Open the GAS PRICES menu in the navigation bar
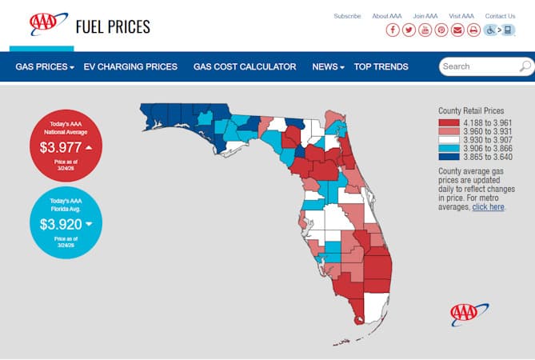[x=45, y=67]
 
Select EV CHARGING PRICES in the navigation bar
[x=130, y=67]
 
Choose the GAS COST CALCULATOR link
[x=245, y=67]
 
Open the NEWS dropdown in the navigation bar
[x=328, y=67]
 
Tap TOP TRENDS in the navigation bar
[x=381, y=67]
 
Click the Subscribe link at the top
[x=347, y=16]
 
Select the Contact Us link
[x=500, y=16]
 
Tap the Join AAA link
[x=425, y=16]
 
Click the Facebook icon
[x=393, y=30]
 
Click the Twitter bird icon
[x=409, y=30]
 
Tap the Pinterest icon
[x=441, y=30]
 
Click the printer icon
[x=473, y=30]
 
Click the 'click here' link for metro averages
[x=487, y=206]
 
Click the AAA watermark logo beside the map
[x=469, y=314]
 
